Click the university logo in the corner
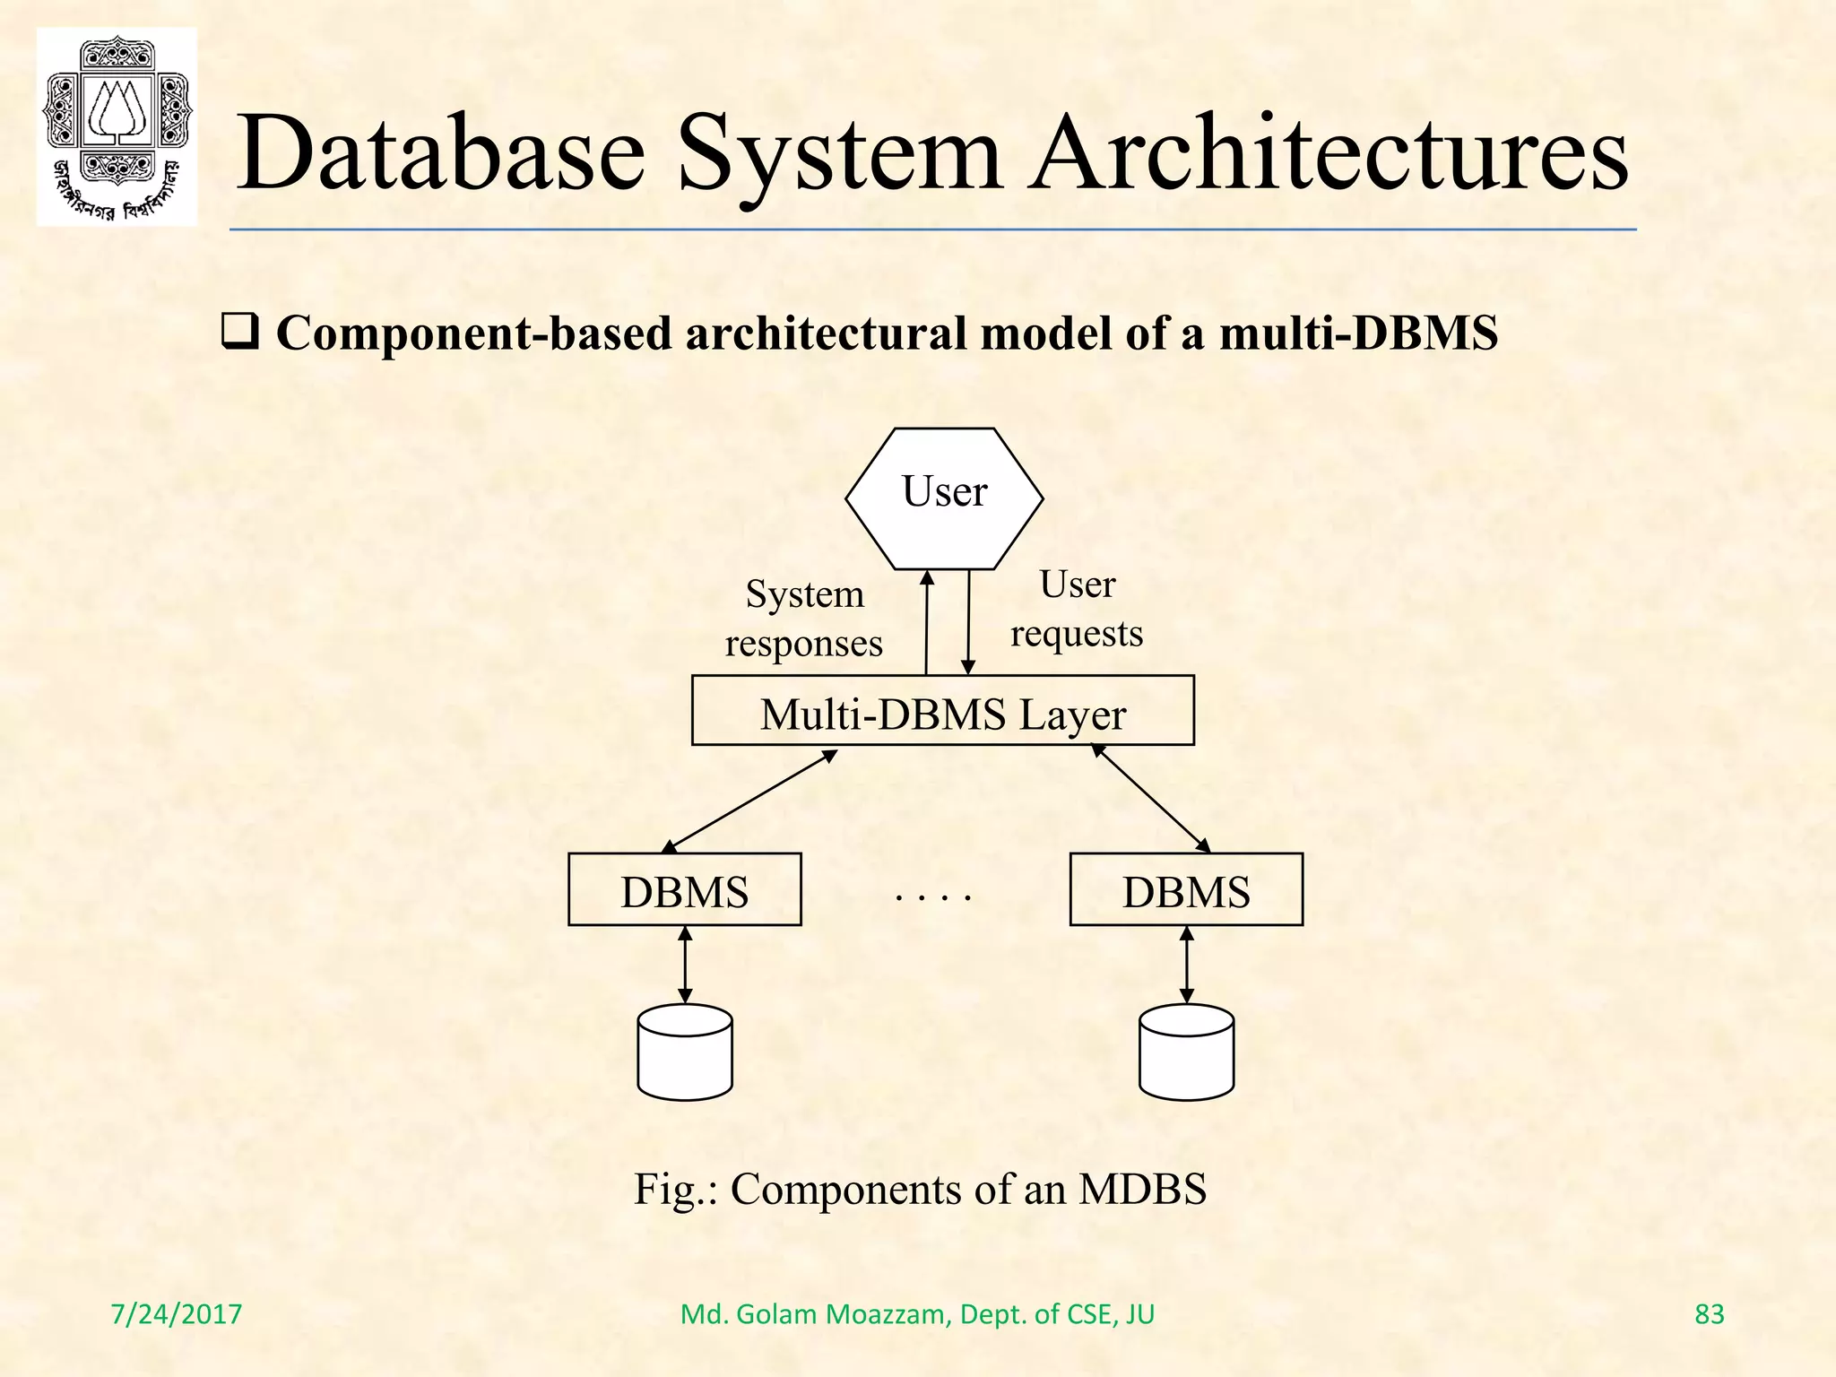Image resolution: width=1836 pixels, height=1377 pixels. point(117,126)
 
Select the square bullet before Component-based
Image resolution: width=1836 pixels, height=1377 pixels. point(239,333)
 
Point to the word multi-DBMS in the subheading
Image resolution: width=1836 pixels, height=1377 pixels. point(1358,333)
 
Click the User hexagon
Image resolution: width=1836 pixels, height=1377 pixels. point(944,498)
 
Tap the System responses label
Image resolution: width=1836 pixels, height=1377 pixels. point(804,619)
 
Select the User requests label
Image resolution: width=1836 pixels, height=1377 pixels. point(1077,609)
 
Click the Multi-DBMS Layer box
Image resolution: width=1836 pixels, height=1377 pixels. point(942,710)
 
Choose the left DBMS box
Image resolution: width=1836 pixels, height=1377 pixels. point(684,889)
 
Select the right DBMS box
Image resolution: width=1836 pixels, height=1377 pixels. point(1185,889)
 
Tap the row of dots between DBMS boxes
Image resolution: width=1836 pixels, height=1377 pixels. point(933,896)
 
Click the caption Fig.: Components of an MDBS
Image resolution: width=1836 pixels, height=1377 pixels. point(920,1189)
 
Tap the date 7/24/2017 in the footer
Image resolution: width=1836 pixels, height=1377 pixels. point(176,1314)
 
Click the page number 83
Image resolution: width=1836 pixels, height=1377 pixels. point(1709,1314)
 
